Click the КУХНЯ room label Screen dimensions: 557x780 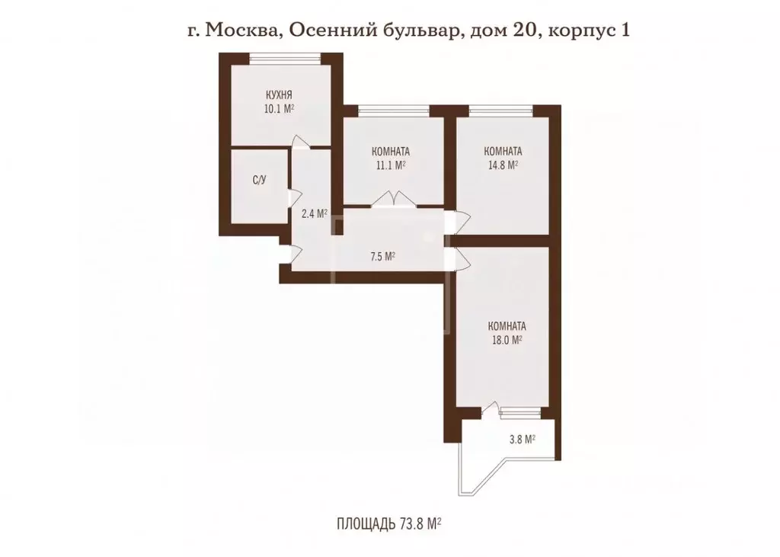280,95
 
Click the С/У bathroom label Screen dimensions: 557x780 259,181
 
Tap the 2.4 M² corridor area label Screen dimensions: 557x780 314,214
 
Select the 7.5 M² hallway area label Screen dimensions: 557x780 382,257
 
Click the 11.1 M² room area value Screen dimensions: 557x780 392,164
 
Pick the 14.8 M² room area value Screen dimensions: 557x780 503,164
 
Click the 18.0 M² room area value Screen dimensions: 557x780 504,341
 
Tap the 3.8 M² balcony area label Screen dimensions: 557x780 521,439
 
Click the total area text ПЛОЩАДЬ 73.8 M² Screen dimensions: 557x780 389,523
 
